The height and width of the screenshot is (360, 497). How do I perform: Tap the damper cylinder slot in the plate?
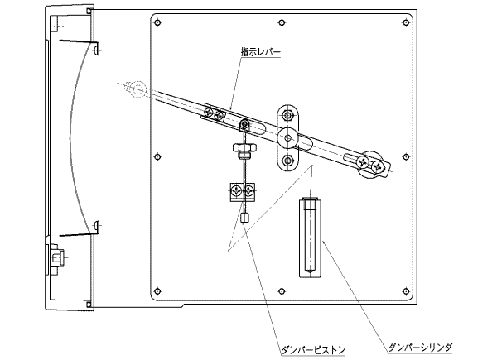[x=310, y=236]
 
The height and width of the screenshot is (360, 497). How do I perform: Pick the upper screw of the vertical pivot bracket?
[x=287, y=113]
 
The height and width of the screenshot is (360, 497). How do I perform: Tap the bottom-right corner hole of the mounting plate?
[x=405, y=290]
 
